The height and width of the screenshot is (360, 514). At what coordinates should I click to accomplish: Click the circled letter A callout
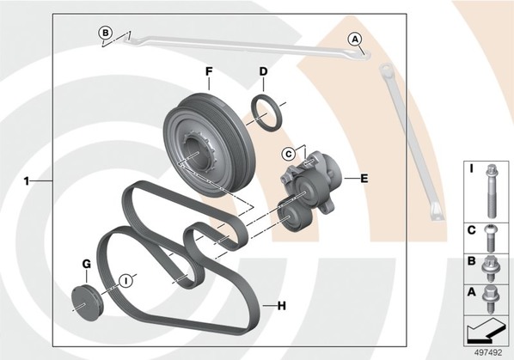[355, 40]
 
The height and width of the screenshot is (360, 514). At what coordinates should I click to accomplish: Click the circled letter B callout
[106, 34]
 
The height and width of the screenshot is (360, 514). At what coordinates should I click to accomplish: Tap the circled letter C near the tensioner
[289, 154]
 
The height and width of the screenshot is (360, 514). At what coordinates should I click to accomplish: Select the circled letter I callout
[125, 281]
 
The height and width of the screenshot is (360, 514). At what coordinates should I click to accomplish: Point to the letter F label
[209, 71]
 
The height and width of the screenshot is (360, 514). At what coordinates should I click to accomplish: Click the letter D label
[263, 71]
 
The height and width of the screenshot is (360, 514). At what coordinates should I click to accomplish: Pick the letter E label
[364, 179]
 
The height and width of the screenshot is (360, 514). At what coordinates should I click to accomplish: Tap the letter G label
[86, 264]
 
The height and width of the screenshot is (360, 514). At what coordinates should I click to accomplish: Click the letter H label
[282, 306]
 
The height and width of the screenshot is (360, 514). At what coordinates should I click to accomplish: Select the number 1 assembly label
[27, 180]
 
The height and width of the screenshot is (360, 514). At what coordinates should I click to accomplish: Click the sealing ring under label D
[266, 113]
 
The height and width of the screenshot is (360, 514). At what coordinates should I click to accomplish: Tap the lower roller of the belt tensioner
[292, 217]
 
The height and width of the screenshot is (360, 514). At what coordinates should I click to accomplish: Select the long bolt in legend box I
[491, 192]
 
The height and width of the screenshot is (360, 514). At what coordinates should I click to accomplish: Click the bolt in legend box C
[491, 238]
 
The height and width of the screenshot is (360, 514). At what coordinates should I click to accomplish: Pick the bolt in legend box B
[490, 269]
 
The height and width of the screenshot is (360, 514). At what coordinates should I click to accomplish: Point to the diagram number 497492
[488, 353]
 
